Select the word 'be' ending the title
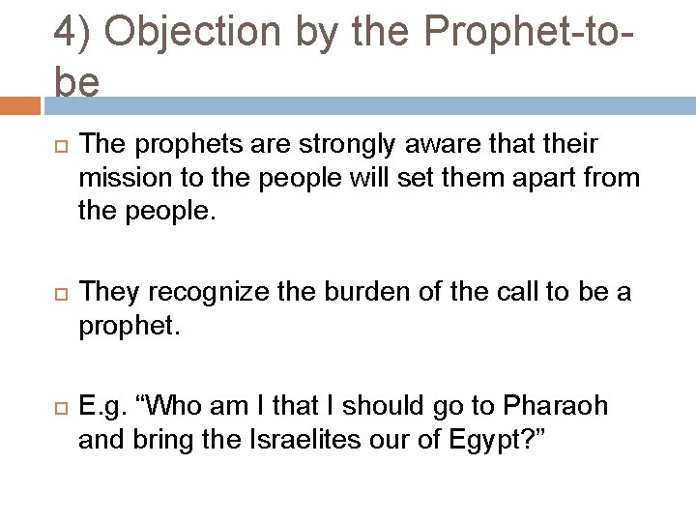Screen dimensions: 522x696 [x=76, y=82]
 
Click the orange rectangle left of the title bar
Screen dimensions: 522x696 [x=20, y=104]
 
